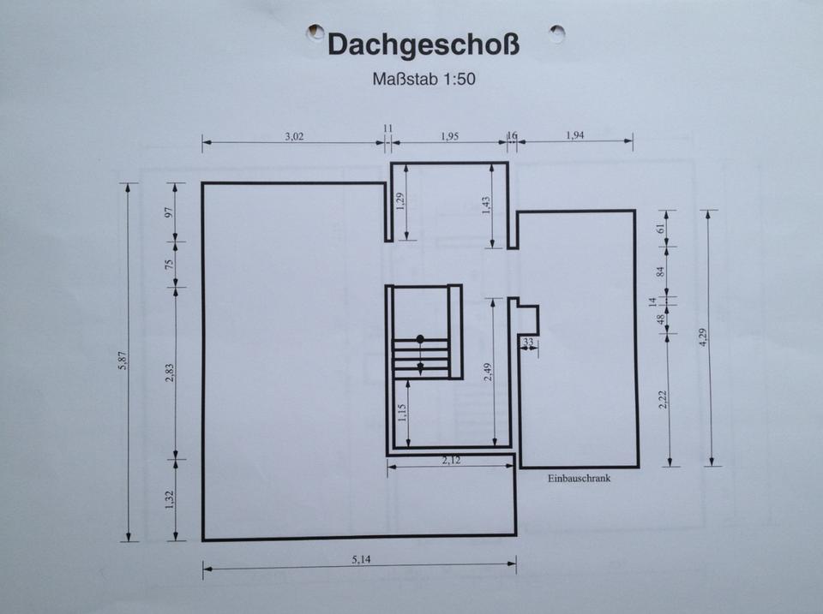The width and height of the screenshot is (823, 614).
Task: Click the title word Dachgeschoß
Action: pyautogui.click(x=424, y=45)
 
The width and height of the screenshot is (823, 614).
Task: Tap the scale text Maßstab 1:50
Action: pyautogui.click(x=424, y=80)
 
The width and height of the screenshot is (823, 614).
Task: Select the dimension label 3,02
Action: pyautogui.click(x=293, y=136)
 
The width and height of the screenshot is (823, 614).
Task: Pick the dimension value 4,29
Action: pyautogui.click(x=703, y=337)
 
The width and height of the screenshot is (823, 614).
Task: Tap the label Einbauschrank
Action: pyautogui.click(x=579, y=480)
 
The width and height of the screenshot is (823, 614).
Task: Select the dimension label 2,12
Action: pyautogui.click(x=452, y=461)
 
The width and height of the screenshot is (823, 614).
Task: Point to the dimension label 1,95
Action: pyautogui.click(x=450, y=136)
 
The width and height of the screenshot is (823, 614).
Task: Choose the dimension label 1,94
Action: pyautogui.click(x=575, y=136)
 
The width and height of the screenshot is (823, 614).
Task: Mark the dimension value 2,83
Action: pyautogui.click(x=169, y=373)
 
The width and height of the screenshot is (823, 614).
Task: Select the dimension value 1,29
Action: pyautogui.click(x=399, y=203)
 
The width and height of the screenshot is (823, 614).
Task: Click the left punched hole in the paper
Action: pyautogui.click(x=316, y=32)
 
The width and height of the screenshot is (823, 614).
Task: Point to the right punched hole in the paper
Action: pyautogui.click(x=557, y=33)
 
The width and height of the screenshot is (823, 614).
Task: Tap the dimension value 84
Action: pyautogui.click(x=661, y=271)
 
